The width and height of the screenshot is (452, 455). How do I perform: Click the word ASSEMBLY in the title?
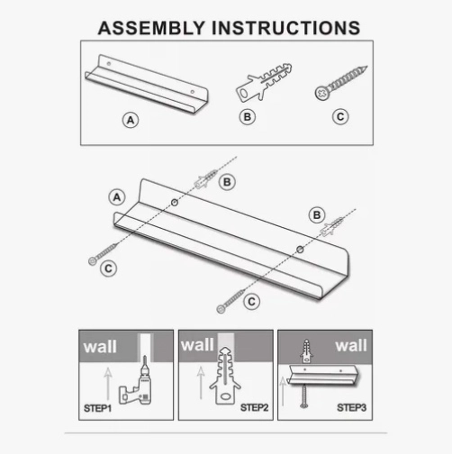pyautogui.click(x=151, y=28)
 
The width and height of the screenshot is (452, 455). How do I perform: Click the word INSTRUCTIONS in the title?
pyautogui.click(x=286, y=28)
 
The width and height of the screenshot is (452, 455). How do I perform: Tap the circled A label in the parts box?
pyautogui.click(x=131, y=120)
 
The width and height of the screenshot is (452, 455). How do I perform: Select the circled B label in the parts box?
pyautogui.click(x=248, y=117)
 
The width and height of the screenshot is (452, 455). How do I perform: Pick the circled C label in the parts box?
pyautogui.click(x=340, y=117)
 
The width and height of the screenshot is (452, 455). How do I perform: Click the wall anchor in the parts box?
pyautogui.click(x=264, y=82)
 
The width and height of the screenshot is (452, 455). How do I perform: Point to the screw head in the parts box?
pyautogui.click(x=322, y=93)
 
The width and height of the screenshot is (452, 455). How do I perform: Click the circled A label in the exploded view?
pyautogui.click(x=117, y=197)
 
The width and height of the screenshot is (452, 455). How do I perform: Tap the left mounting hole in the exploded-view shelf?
pyautogui.click(x=175, y=203)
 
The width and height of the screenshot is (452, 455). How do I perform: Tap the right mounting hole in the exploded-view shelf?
pyautogui.click(x=300, y=250)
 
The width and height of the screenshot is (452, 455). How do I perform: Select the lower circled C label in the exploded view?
pyautogui.click(x=252, y=302)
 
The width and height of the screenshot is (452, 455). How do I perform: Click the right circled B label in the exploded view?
pyautogui.click(x=317, y=215)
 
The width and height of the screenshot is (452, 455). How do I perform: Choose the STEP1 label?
pyautogui.click(x=97, y=408)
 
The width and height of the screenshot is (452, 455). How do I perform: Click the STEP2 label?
pyautogui.click(x=254, y=408)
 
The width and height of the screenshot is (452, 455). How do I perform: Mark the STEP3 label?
pyautogui.click(x=351, y=408)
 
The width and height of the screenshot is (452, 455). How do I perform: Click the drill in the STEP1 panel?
pyautogui.click(x=136, y=384)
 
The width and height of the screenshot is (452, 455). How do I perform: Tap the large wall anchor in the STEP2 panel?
pyautogui.click(x=225, y=376)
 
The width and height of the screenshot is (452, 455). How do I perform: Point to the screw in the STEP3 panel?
pyautogui.click(x=304, y=396)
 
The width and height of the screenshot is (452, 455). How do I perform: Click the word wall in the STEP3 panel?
pyautogui.click(x=351, y=345)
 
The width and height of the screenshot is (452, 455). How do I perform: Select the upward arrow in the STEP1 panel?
pyautogui.click(x=108, y=385)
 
